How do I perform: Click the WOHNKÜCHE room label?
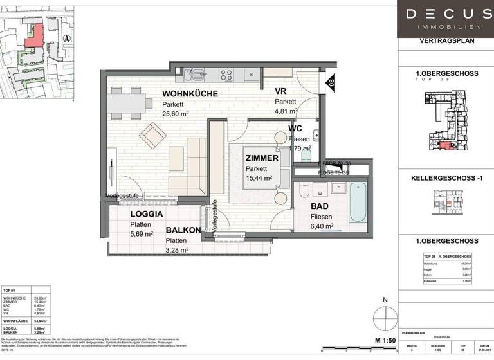190,94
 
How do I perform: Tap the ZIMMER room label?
261,158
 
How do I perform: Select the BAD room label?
319,206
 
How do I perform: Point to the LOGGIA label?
146,214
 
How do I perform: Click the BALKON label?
184,230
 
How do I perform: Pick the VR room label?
281,91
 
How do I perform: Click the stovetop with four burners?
228,75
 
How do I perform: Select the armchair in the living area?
153,135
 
